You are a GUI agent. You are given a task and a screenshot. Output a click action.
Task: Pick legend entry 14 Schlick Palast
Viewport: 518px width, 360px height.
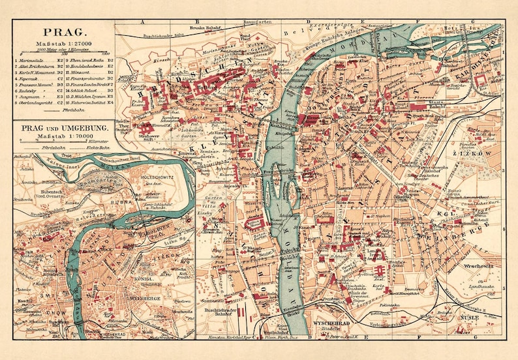point(88,89)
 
